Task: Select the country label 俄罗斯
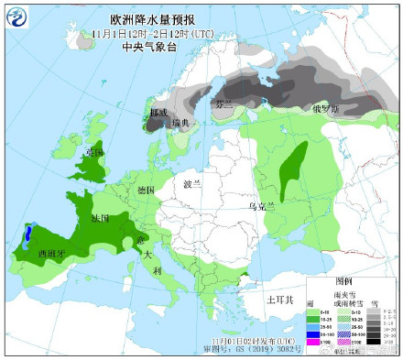[327, 107]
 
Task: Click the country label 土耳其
[278, 299]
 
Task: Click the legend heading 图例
[344, 279]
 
